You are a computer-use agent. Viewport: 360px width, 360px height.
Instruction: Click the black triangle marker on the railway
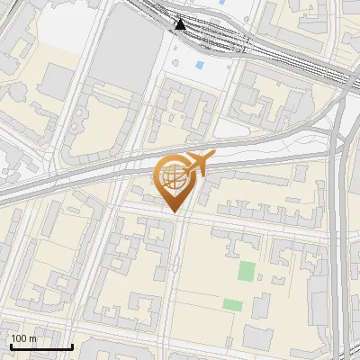(x=181, y=24)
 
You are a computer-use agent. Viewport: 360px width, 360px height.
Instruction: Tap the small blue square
(x=199, y=65)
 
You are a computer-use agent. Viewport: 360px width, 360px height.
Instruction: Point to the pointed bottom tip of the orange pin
(x=173, y=212)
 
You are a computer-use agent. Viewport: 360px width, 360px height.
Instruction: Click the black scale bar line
(x=41, y=346)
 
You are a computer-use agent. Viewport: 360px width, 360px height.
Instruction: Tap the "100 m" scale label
(x=24, y=338)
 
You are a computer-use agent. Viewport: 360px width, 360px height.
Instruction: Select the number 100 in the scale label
(x=20, y=338)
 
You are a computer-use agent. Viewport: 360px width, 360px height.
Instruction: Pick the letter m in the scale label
(x=32, y=338)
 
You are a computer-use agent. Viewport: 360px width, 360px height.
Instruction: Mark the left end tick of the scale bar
(x=12, y=345)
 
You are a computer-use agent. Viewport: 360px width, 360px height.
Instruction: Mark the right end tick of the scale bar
(x=71, y=345)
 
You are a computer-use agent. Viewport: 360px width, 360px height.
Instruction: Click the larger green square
(x=246, y=271)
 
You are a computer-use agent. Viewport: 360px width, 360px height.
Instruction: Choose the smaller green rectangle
(x=232, y=305)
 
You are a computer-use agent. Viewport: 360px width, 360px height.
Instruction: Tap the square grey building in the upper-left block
(x=56, y=83)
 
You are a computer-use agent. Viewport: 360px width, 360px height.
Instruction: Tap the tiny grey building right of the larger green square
(x=264, y=271)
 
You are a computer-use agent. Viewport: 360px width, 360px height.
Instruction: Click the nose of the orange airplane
(x=213, y=157)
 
